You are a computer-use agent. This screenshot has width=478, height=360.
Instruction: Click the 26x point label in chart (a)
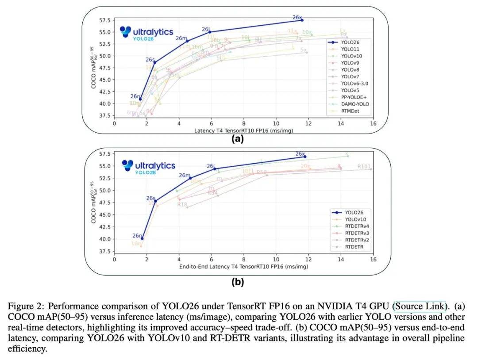[x=297, y=17]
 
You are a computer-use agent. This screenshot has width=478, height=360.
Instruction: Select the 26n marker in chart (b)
[x=142, y=239]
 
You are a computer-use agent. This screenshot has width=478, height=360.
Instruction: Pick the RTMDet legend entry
[x=350, y=111]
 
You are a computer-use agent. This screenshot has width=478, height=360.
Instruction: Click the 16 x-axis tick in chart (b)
[x=373, y=259]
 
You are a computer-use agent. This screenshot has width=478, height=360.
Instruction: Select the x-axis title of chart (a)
[x=243, y=131]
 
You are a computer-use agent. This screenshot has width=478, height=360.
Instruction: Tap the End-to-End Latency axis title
[x=243, y=267]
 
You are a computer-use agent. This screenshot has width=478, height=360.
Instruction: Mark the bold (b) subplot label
[x=238, y=282]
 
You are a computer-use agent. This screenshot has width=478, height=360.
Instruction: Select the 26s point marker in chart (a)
[x=154, y=62]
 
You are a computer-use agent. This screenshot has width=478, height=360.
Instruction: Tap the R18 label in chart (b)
[x=182, y=204]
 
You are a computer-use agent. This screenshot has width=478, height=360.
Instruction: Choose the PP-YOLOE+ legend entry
[x=353, y=97]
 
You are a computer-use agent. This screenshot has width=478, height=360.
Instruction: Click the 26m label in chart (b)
[x=185, y=176]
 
